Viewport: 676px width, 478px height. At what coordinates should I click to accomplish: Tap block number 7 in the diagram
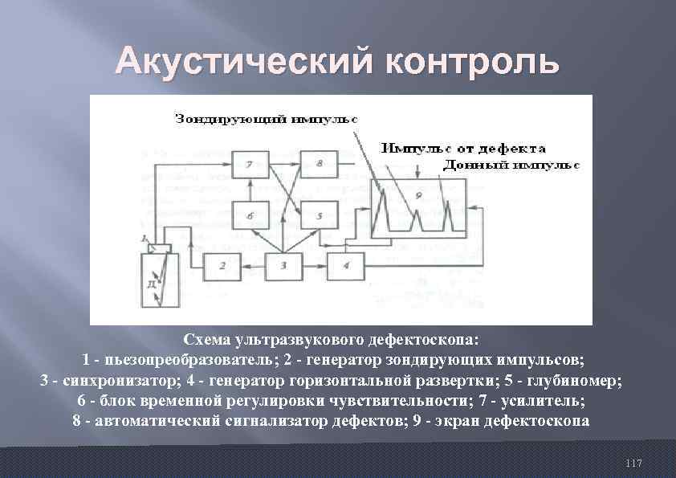pyautogui.click(x=250, y=165)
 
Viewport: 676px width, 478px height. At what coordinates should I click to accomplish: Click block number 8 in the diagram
pyautogui.click(x=319, y=165)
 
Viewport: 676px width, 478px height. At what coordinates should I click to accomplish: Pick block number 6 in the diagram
pyautogui.click(x=250, y=215)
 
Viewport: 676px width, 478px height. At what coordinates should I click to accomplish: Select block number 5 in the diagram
pyautogui.click(x=318, y=215)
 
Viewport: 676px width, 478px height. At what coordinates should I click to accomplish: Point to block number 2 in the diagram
pyautogui.click(x=224, y=265)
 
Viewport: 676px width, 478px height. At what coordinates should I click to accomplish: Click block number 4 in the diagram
pyautogui.click(x=345, y=265)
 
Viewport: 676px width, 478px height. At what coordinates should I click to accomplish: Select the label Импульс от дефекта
pyautogui.click(x=464, y=149)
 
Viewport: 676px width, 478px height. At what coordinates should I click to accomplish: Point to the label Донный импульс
pyautogui.click(x=511, y=164)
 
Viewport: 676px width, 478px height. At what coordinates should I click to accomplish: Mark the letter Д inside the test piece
pyautogui.click(x=153, y=284)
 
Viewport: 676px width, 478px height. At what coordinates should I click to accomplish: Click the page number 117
pyautogui.click(x=633, y=464)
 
